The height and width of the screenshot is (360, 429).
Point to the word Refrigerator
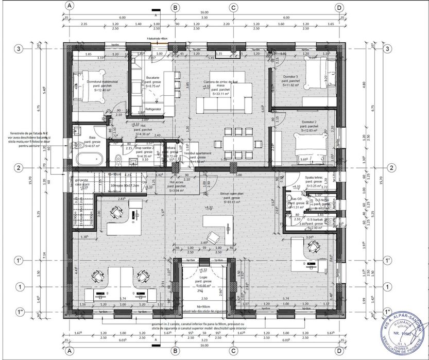(153, 109)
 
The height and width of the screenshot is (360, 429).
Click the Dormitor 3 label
(291, 77)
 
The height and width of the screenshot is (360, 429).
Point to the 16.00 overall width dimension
(204, 12)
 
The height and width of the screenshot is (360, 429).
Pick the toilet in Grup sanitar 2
(117, 158)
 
